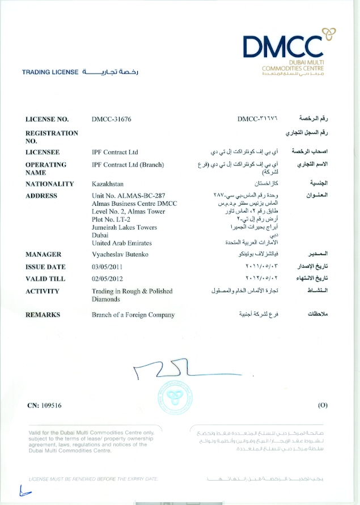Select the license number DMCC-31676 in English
point(112,120)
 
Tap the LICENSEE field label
point(43,152)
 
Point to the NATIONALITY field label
point(50,184)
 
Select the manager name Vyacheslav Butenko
point(120,254)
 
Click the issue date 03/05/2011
point(108,266)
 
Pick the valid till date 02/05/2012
point(108,279)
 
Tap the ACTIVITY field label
point(43,291)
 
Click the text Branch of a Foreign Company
point(133,315)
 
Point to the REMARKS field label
point(43,315)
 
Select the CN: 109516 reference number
point(44,406)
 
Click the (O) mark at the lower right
point(323,406)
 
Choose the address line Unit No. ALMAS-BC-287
point(128,196)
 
